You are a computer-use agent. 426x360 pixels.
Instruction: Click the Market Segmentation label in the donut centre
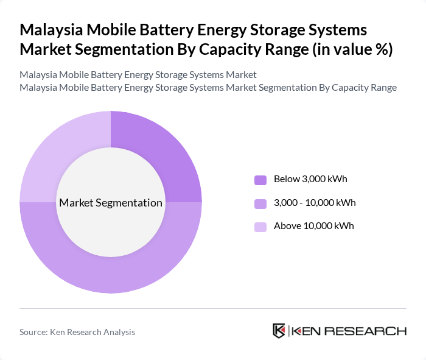(x=111, y=203)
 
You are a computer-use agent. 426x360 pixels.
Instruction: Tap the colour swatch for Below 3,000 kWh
(x=260, y=180)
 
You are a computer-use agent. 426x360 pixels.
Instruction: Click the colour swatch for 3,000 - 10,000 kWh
(x=260, y=203)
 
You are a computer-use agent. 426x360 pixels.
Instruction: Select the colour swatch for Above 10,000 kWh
(x=260, y=227)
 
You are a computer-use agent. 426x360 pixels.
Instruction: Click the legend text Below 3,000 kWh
(x=310, y=179)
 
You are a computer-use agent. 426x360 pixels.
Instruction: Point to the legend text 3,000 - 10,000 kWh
(x=315, y=202)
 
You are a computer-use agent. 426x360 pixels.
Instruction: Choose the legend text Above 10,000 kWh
(x=313, y=226)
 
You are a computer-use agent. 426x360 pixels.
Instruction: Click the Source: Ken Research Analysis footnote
(x=77, y=332)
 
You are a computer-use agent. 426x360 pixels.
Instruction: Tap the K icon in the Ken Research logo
(x=279, y=331)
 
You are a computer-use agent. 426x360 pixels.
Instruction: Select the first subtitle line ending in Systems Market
(x=138, y=75)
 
